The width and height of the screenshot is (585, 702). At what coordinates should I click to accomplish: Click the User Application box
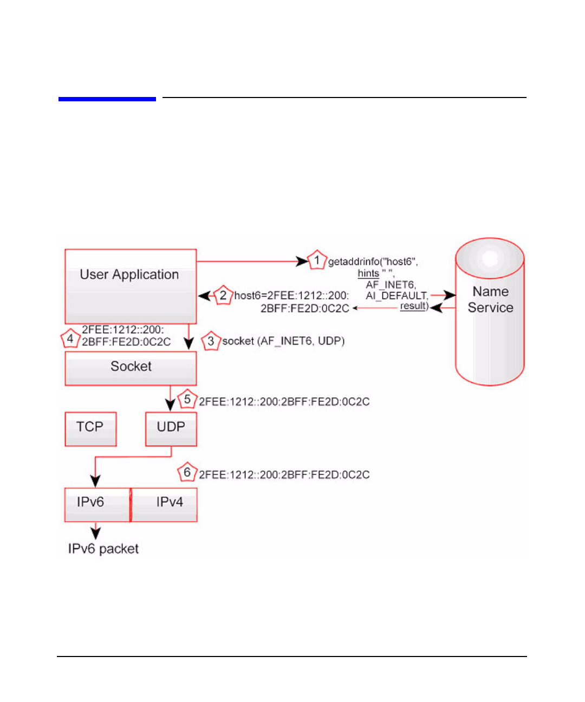point(131,286)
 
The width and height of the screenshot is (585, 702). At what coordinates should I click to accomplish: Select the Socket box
point(131,368)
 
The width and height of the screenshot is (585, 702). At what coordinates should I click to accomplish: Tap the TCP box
point(91,429)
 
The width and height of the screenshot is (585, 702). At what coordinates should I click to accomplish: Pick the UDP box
point(171,429)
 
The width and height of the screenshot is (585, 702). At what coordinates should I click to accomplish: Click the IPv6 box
point(97,505)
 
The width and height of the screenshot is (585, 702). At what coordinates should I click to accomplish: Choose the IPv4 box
point(164,505)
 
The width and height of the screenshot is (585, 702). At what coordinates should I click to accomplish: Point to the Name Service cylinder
point(490,311)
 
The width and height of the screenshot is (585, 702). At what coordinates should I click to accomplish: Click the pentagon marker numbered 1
point(317,260)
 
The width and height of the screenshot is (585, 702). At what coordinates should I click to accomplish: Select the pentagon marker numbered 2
point(223,295)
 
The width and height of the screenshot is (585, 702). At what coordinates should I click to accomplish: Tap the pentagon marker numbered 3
point(211,341)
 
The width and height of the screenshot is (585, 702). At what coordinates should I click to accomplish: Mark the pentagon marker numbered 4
point(70,338)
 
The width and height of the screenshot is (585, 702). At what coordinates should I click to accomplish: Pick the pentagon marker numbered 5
point(187,399)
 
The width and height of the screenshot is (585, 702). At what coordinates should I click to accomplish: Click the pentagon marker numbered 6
point(187,472)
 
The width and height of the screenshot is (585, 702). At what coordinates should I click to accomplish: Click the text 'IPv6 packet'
point(103,549)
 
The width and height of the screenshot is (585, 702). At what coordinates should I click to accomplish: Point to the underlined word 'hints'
point(368,274)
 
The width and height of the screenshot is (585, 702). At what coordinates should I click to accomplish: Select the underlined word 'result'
point(413,306)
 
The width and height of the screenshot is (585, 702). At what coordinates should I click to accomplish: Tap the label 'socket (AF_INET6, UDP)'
point(283,341)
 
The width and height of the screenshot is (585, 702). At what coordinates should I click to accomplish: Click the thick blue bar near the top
point(107,99)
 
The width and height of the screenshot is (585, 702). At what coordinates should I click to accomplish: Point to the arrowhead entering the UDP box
point(170,405)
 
